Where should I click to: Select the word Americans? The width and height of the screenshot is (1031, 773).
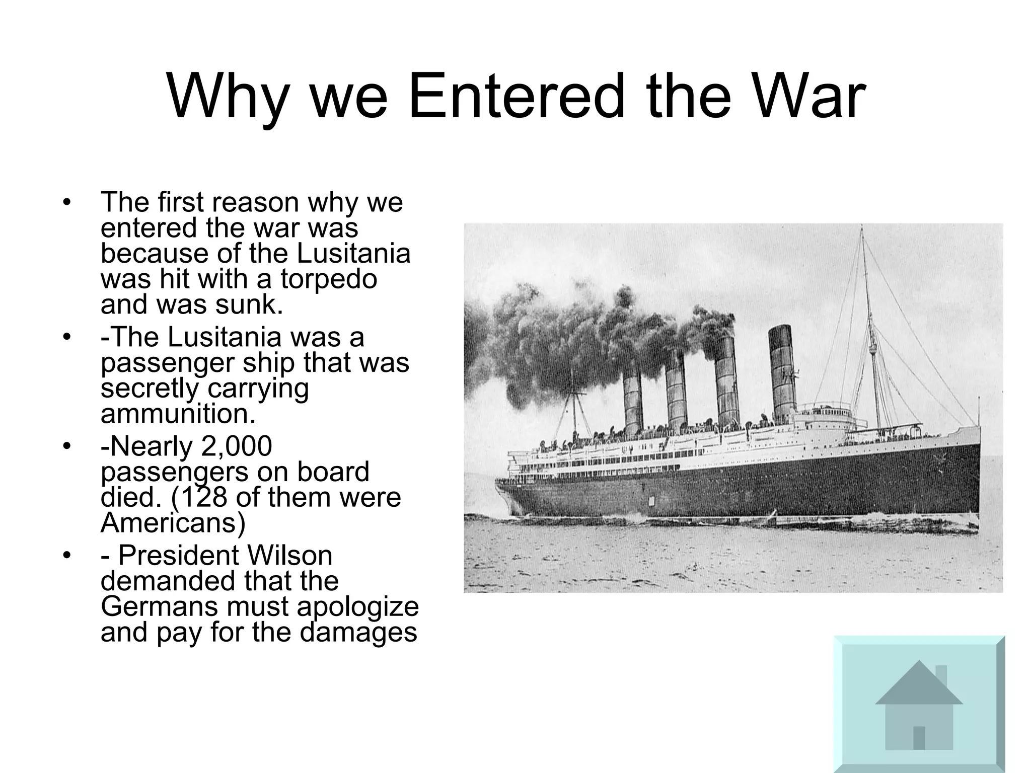click(173, 523)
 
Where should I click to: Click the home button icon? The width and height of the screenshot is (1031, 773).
click(919, 705)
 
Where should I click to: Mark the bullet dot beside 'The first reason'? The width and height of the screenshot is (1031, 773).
click(66, 203)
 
